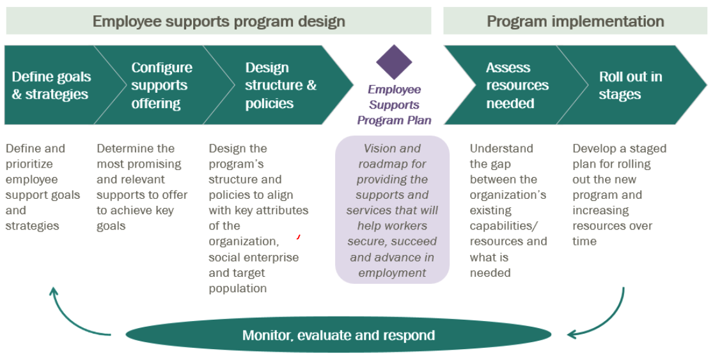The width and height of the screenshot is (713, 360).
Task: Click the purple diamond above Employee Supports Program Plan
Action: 394,62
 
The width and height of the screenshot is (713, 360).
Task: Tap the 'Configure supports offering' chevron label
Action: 161,86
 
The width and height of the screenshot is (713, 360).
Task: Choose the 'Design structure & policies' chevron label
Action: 281,86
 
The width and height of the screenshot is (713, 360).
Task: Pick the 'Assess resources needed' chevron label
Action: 517,86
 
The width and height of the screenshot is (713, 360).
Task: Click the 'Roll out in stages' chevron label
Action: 631,86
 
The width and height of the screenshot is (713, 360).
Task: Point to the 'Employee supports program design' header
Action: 219,21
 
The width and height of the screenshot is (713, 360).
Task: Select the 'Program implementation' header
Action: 576,21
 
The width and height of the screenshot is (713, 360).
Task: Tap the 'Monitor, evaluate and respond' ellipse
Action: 338,336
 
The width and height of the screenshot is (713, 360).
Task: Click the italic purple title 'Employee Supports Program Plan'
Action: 394,104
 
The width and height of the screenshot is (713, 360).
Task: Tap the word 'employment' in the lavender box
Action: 392,273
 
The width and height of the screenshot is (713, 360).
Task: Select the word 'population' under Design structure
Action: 237,288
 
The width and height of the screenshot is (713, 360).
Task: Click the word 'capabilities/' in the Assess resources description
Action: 504,226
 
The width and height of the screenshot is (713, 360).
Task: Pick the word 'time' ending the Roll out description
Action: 584,241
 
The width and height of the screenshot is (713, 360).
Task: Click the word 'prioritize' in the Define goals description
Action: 29,164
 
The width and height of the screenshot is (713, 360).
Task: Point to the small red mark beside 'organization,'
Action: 298,237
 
